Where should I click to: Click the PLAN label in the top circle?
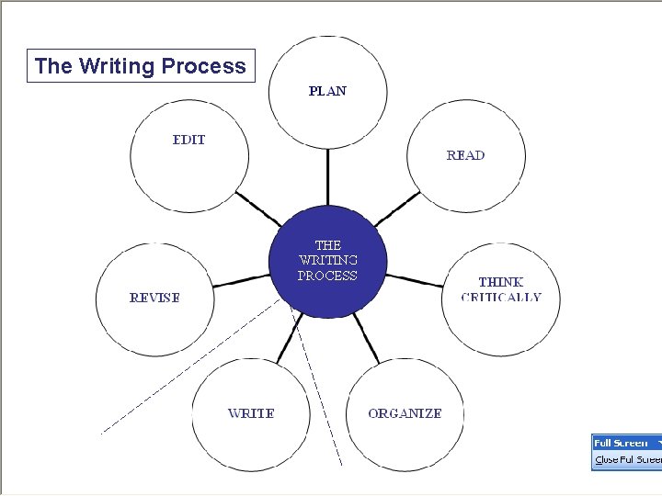pyautogui.click(x=327, y=91)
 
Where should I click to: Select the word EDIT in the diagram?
pyautogui.click(x=189, y=140)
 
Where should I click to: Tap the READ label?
pyautogui.click(x=465, y=155)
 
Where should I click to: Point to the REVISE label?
pyautogui.click(x=154, y=298)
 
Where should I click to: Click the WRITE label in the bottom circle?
pyautogui.click(x=251, y=413)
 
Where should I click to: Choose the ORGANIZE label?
pyautogui.click(x=405, y=413)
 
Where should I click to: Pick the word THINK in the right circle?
pyautogui.click(x=501, y=282)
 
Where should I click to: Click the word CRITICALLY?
pyautogui.click(x=501, y=298)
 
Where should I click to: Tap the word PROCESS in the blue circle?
pyautogui.click(x=327, y=276)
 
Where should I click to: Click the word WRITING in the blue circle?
pyautogui.click(x=327, y=260)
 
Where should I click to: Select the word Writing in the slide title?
pyautogui.click(x=118, y=66)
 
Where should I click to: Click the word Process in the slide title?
pyautogui.click(x=203, y=66)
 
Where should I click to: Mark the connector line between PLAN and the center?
pyautogui.click(x=327, y=176)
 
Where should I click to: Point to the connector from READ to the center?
pyautogui.click(x=397, y=209)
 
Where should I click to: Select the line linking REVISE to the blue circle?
pyautogui.click(x=240, y=281)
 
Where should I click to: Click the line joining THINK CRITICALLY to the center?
pyautogui.click(x=415, y=279)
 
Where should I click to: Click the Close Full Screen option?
pyautogui.click(x=627, y=459)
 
